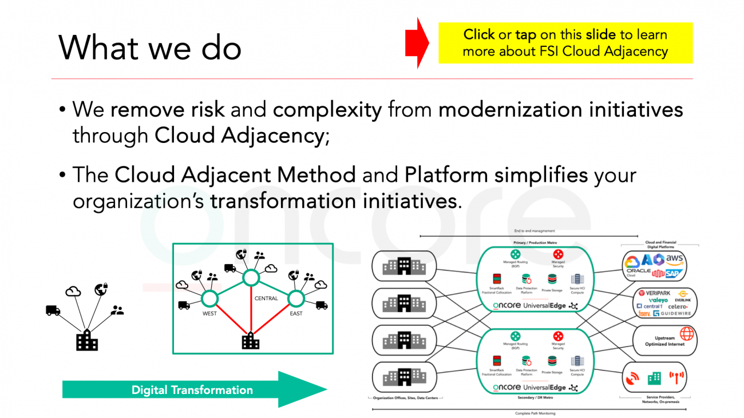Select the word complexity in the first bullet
327,109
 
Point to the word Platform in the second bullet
446,174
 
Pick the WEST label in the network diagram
209,314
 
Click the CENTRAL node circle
250,278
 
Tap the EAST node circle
296,298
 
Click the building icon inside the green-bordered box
250,341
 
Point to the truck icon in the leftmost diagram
53,310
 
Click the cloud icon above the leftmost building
73,292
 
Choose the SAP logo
675,273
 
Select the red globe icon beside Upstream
686,333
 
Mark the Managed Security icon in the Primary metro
558,254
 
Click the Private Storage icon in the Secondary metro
552,361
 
